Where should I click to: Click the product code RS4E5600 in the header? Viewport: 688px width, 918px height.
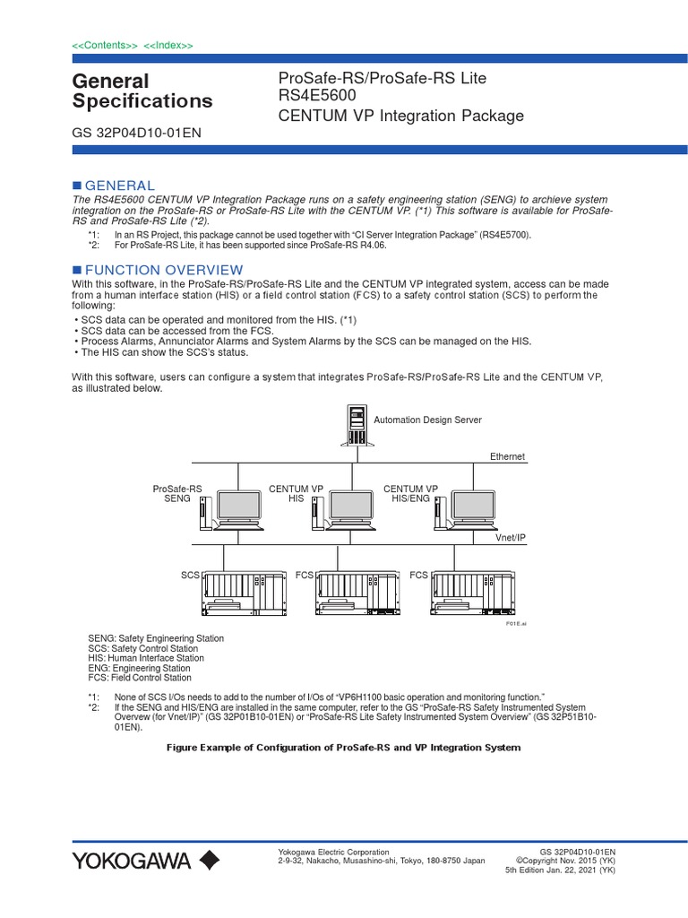[x=320, y=97]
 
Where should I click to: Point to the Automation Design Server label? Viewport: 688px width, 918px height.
[x=427, y=420]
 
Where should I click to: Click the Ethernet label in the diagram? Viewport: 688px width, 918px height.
[x=507, y=457]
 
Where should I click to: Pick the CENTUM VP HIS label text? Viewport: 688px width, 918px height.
[x=296, y=493]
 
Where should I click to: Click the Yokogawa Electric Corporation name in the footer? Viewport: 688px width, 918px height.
[x=334, y=852]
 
